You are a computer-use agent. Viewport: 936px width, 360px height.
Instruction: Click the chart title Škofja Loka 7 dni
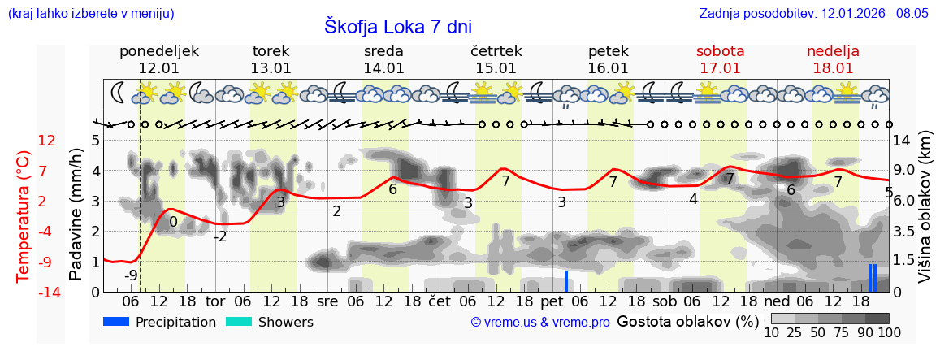[x=398, y=26]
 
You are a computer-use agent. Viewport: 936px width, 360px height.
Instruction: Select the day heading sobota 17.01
[x=721, y=59]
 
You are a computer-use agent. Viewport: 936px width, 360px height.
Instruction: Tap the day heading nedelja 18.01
[x=833, y=59]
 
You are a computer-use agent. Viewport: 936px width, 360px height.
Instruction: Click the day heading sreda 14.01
[x=383, y=59]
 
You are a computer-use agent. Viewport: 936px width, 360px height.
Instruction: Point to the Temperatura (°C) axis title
[x=24, y=215]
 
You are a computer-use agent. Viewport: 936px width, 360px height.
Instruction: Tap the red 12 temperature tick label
[x=47, y=141]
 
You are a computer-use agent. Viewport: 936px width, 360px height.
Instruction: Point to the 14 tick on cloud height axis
[x=903, y=141]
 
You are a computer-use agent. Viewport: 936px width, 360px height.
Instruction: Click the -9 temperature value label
[x=131, y=275]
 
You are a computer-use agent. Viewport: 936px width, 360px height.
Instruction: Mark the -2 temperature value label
[x=220, y=236]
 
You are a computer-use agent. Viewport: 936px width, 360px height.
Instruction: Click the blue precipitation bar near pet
[x=566, y=281]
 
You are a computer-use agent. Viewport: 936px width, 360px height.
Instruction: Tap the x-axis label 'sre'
[x=327, y=301]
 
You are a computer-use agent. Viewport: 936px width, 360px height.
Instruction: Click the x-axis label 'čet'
[x=440, y=301]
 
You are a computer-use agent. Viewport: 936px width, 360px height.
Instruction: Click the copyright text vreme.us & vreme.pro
[x=540, y=322]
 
